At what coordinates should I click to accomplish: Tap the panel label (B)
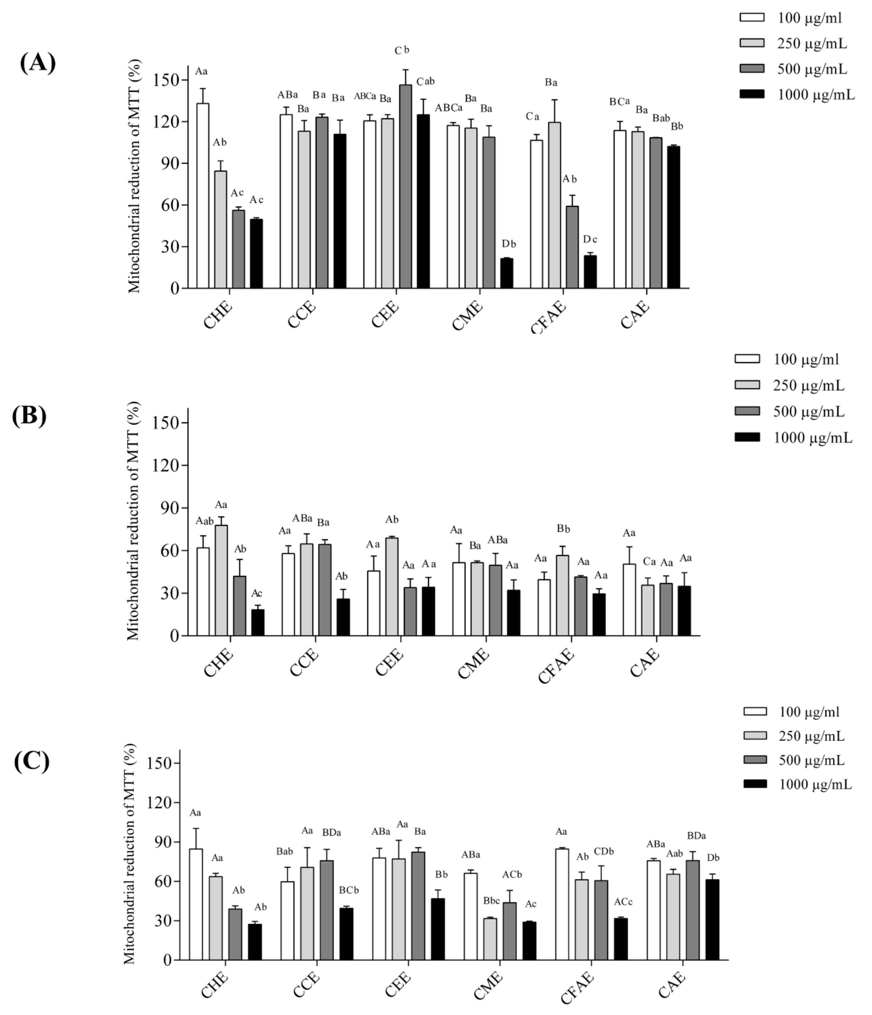tap(29, 416)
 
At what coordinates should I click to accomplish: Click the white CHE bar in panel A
tap(203, 196)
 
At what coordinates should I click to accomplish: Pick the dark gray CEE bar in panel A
tap(405, 186)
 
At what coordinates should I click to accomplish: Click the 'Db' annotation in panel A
tap(509, 244)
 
